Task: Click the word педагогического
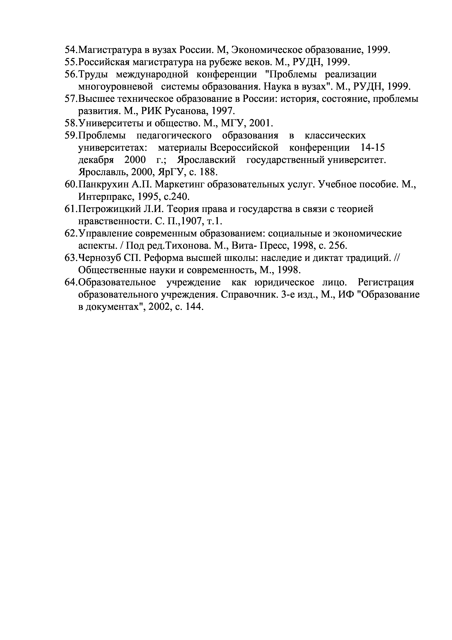[174, 136]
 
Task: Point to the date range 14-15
[373, 148]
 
